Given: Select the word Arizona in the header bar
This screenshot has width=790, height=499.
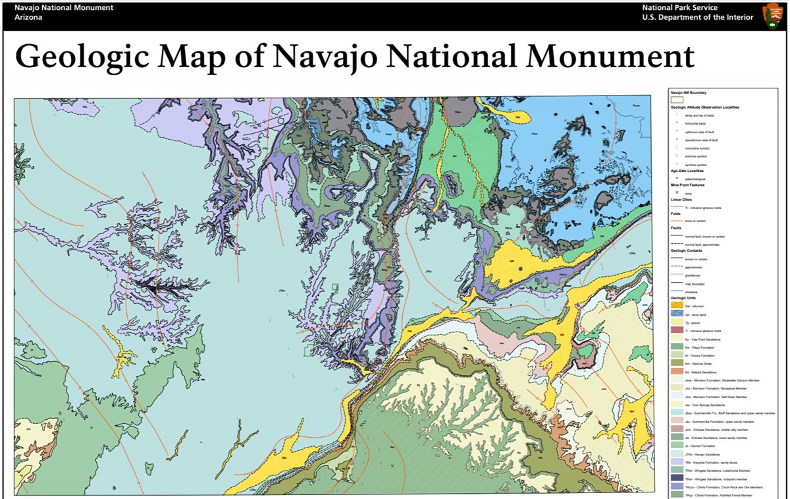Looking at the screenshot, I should tap(28, 17).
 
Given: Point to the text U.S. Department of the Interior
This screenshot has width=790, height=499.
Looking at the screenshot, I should tap(698, 17).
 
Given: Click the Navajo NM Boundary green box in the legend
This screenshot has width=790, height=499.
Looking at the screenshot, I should tap(677, 100).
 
